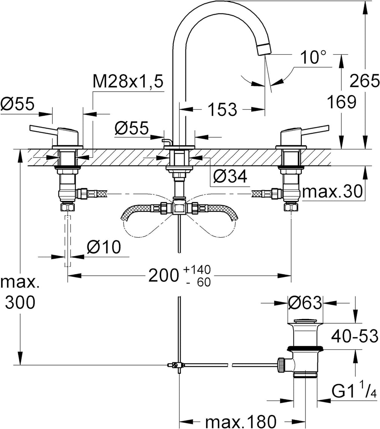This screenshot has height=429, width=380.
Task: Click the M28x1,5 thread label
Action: (128, 81)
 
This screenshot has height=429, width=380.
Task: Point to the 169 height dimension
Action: (342, 102)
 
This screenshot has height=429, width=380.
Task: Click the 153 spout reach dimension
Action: (222, 109)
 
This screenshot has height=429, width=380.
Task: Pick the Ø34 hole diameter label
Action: (230, 176)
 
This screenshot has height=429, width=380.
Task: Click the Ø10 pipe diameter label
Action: (104, 247)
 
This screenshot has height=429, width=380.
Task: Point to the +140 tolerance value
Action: (197, 270)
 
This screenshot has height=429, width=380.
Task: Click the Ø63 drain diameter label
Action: (305, 303)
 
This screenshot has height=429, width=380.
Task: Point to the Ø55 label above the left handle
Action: (17, 104)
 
